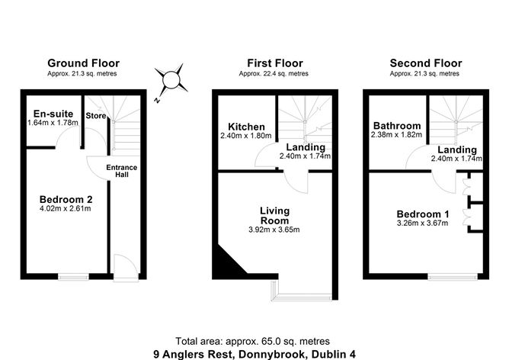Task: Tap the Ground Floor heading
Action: point(83,63)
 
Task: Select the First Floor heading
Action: point(274,63)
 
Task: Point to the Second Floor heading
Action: point(424,63)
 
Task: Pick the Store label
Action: point(96,117)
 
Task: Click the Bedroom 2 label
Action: point(66,201)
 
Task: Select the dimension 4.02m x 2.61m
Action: point(66,212)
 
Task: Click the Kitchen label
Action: point(247,127)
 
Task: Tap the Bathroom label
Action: point(397,126)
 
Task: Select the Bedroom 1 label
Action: point(421,214)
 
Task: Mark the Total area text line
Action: point(252,340)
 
